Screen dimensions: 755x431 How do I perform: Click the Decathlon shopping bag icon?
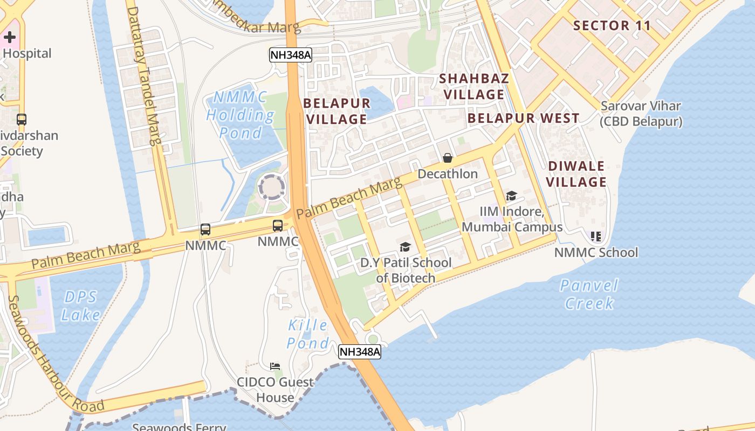click(448, 158)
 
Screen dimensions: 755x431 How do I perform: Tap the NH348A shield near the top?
click(291, 55)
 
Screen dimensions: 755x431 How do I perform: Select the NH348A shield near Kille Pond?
click(360, 352)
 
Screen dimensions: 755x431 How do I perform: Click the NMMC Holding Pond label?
click(240, 115)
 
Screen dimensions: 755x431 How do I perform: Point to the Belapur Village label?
click(337, 111)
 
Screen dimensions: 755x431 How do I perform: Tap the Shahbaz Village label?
click(474, 86)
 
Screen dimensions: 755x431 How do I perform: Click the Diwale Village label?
click(576, 174)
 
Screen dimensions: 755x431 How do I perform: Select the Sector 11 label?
click(612, 25)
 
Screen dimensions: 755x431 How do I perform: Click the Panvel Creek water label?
click(589, 294)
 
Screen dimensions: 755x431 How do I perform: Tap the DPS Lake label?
click(81, 305)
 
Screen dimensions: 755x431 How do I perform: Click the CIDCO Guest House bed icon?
click(275, 366)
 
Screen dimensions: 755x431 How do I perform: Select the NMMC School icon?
click(596, 237)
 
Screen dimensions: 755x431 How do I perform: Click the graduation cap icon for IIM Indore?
click(511, 196)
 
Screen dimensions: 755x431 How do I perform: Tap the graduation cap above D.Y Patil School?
click(405, 247)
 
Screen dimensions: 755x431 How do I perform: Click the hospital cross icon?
click(10, 37)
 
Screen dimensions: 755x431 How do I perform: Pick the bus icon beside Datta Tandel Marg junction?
click(205, 230)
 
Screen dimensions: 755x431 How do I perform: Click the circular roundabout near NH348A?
click(271, 187)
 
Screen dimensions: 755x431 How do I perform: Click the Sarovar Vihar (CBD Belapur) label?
click(641, 114)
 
